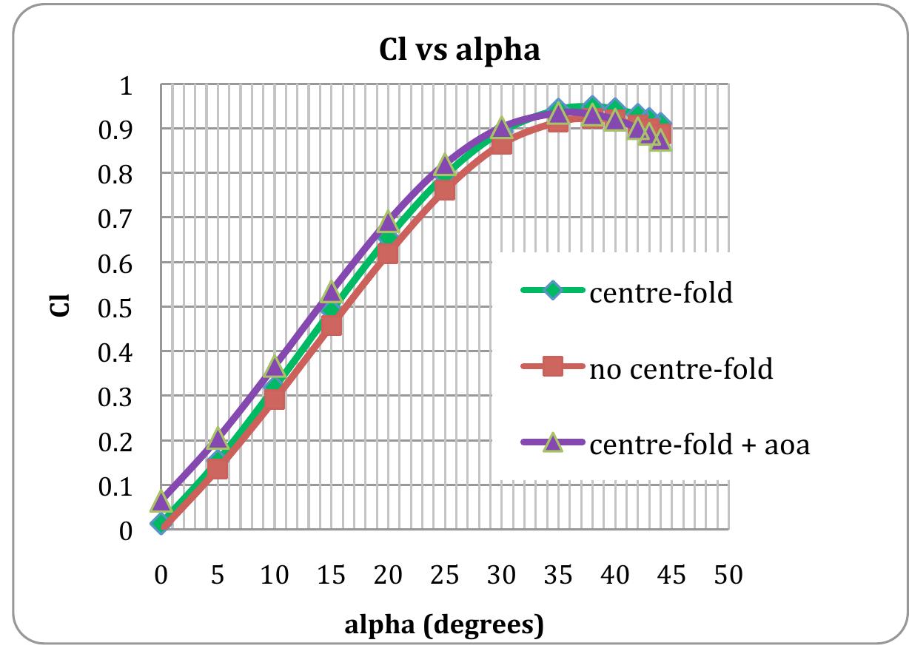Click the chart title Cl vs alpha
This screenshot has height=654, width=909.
click(454, 51)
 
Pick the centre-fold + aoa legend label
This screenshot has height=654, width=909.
click(700, 445)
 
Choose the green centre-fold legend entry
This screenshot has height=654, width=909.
click(660, 293)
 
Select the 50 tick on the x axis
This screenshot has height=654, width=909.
click(728, 575)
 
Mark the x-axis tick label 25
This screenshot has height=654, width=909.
click(444, 575)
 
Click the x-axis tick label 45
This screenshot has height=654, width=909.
click(671, 575)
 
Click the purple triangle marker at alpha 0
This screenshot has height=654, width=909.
click(161, 502)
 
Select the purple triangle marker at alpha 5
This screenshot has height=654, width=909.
click(217, 438)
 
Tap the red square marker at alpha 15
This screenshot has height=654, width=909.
click(332, 324)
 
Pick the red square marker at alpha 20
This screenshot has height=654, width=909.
click(388, 254)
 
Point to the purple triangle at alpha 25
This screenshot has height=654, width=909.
click(445, 165)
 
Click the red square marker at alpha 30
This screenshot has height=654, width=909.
click(501, 144)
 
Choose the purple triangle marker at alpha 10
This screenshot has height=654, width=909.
click(275, 366)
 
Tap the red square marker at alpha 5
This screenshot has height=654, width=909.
click(218, 468)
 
